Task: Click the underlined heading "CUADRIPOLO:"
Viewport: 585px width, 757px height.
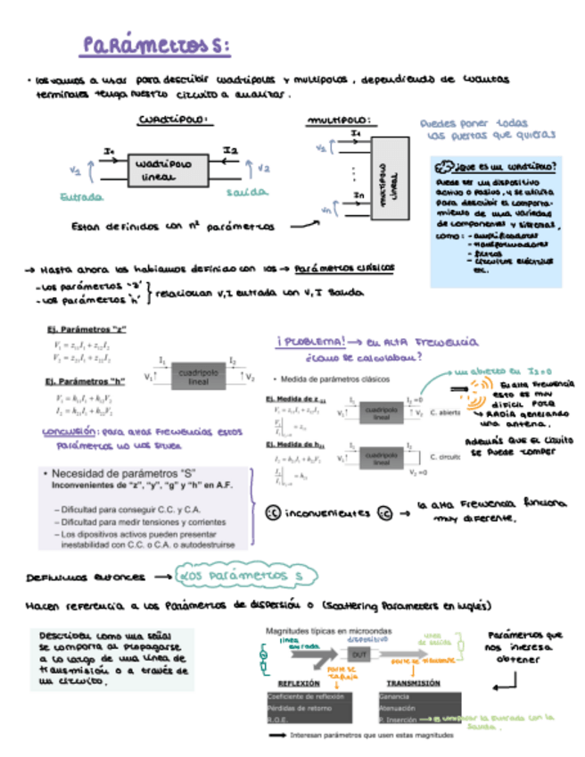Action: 173,119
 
